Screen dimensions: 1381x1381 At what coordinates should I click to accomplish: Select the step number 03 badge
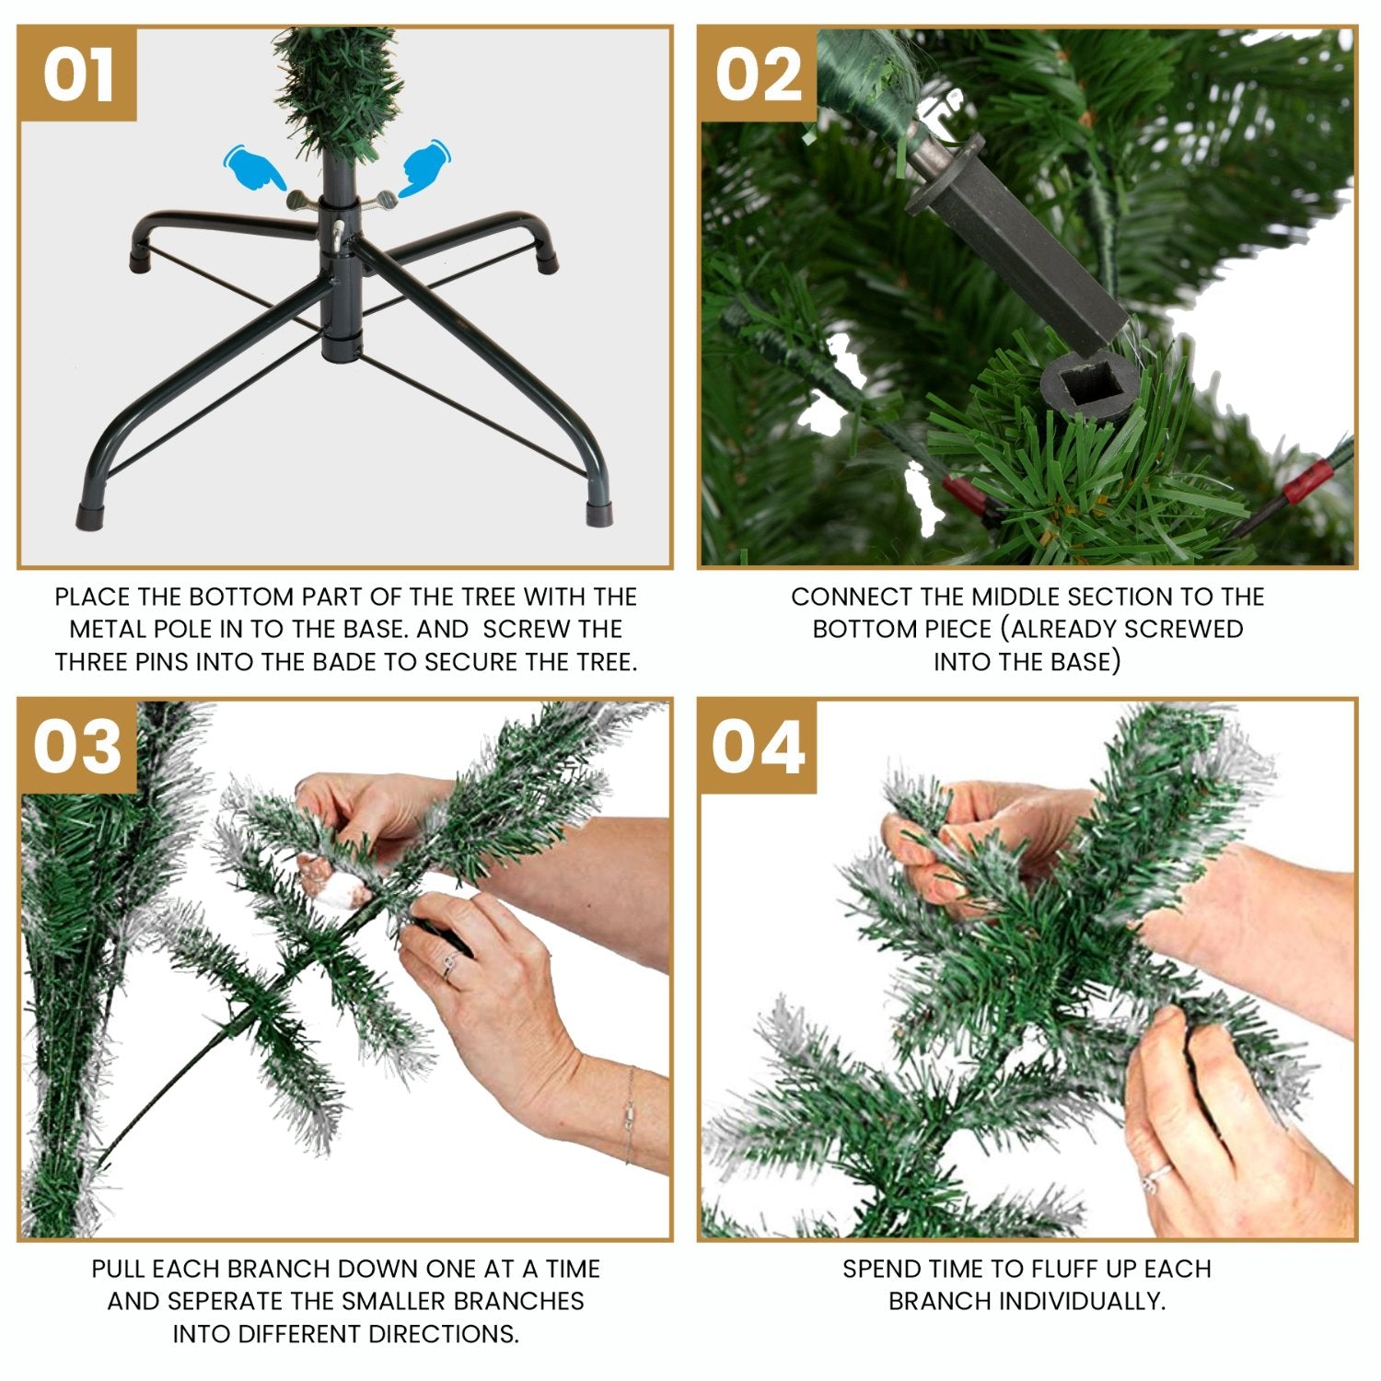(x=77, y=746)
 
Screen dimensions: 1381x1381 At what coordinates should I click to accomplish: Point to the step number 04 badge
(x=758, y=746)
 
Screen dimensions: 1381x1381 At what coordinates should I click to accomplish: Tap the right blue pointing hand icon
(x=422, y=167)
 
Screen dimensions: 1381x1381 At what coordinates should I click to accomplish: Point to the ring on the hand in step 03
(x=448, y=966)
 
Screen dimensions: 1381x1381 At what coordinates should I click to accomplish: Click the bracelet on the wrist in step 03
(x=630, y=1114)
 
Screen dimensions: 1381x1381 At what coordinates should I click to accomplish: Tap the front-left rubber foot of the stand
(x=89, y=515)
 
